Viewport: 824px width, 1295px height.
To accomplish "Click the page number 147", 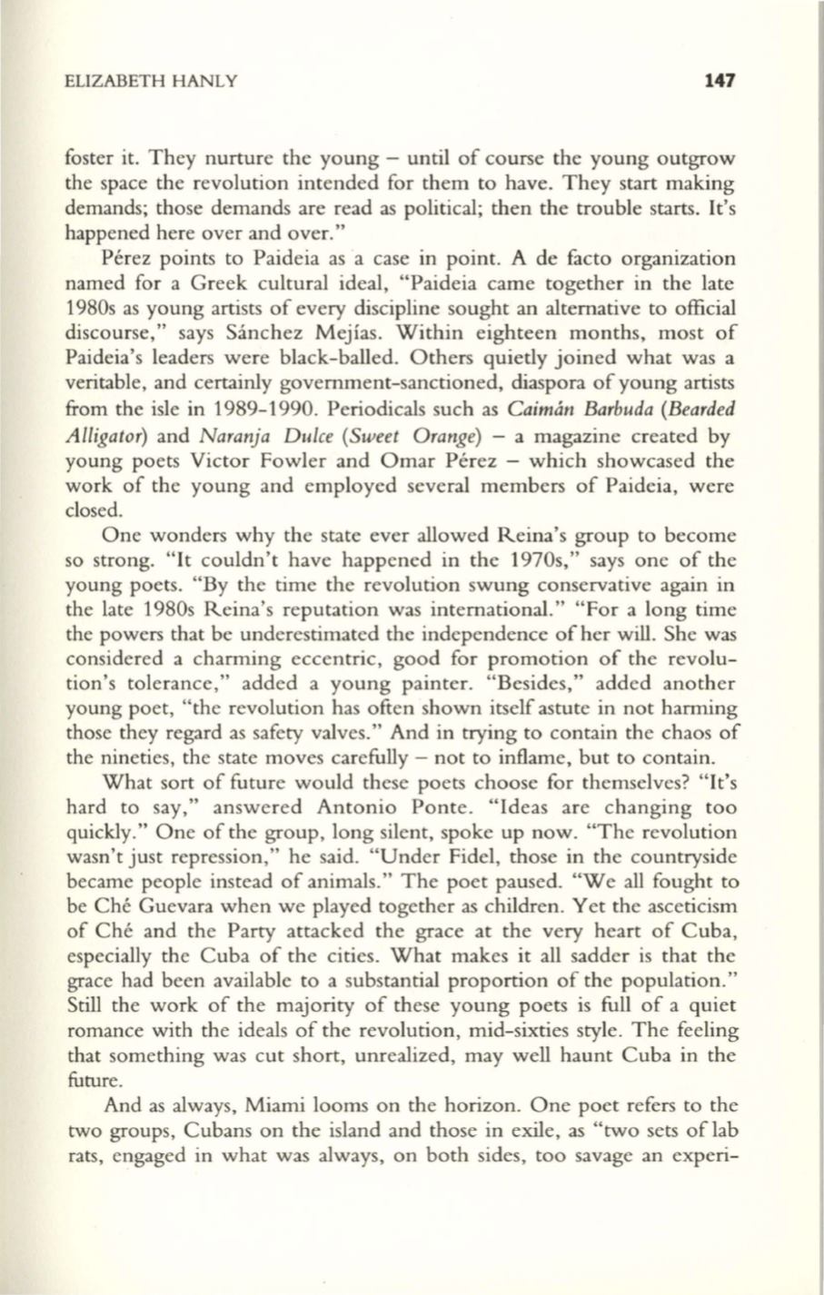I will point(717,81).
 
